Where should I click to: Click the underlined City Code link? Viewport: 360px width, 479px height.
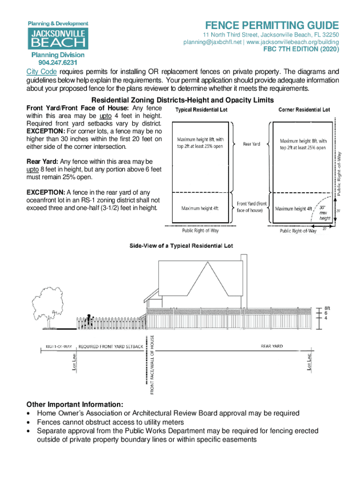coord(41,72)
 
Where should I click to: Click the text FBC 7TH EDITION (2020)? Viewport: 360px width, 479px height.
coord(301,50)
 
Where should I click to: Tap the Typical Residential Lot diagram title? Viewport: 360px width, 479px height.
coord(201,110)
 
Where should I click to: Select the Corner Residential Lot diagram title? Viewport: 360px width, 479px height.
coord(304,110)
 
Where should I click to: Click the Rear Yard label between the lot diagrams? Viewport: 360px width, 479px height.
coord(252,144)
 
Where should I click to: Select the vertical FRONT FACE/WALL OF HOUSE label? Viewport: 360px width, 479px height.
coord(152,365)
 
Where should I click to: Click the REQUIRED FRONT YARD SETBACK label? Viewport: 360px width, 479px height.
coord(110,347)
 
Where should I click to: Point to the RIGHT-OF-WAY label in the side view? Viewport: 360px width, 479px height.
coord(58,347)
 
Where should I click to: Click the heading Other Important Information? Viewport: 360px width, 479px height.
coord(75,404)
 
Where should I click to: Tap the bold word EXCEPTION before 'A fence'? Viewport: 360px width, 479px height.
coord(46,192)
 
